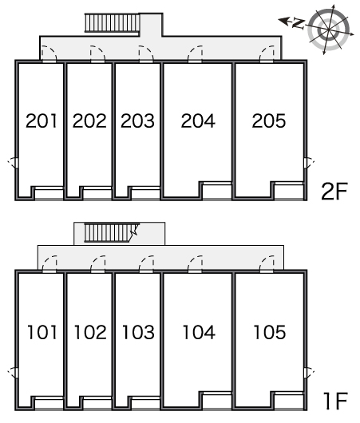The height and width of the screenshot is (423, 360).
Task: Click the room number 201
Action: (x=42, y=121)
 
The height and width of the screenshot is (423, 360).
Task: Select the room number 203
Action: (x=137, y=121)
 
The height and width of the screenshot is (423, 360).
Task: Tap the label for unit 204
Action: (x=198, y=121)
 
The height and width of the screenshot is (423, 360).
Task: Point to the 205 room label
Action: (x=269, y=121)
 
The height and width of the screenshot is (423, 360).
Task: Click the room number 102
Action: (x=90, y=332)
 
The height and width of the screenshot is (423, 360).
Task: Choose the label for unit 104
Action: (x=199, y=332)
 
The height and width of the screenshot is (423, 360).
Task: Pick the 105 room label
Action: (x=270, y=332)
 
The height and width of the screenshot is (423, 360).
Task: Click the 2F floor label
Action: (x=334, y=192)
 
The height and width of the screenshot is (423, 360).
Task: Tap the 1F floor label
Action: (x=335, y=401)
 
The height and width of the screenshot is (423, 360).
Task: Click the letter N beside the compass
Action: (x=299, y=24)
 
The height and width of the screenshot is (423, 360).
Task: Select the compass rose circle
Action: (x=328, y=30)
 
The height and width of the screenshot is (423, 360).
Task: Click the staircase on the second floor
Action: (x=113, y=23)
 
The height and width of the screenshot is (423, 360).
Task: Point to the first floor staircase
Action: (x=111, y=233)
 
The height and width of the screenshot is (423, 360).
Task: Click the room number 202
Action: (x=89, y=121)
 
